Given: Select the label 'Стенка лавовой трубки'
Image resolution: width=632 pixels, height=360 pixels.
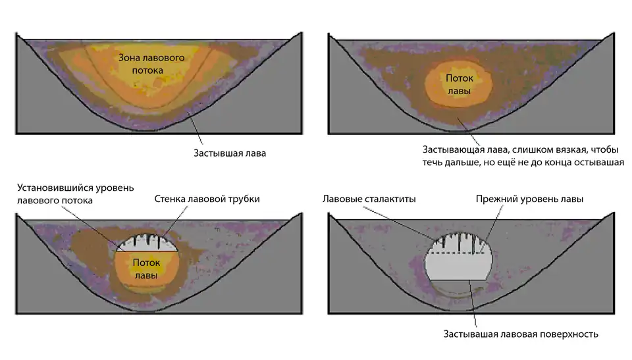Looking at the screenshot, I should click(207, 199).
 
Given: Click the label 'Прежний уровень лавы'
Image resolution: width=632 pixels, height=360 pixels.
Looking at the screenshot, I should click(529, 199).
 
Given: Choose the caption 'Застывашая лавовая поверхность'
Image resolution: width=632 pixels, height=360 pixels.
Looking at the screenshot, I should click(521, 334).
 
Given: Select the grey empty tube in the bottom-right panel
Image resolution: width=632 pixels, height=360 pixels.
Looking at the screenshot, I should click(459, 267).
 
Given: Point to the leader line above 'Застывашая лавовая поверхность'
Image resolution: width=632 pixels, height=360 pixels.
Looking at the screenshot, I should click(473, 303).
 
